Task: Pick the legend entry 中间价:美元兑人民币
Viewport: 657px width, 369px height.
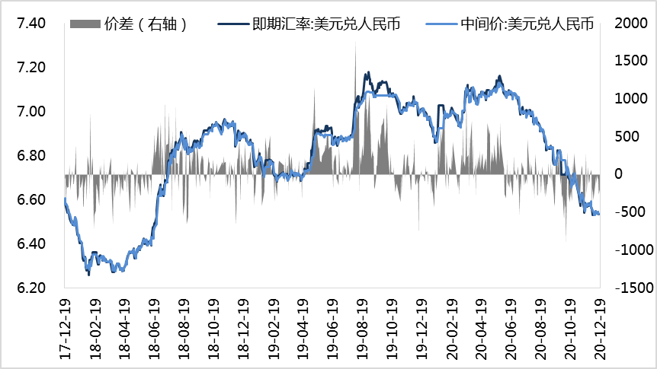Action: pyautogui.click(x=527, y=24)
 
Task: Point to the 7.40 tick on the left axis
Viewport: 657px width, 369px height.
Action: pyautogui.click(x=31, y=24)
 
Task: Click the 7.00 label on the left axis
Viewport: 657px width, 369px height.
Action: pyautogui.click(x=31, y=112)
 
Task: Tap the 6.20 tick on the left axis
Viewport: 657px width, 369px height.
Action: pyautogui.click(x=31, y=288)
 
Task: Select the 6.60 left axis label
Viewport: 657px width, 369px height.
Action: pyautogui.click(x=31, y=200)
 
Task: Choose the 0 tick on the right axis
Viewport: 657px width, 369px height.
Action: pyautogui.click(x=619, y=174)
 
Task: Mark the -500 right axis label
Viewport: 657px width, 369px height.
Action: pyautogui.click(x=630, y=212)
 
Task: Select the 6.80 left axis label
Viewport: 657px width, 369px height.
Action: pyautogui.click(x=31, y=156)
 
